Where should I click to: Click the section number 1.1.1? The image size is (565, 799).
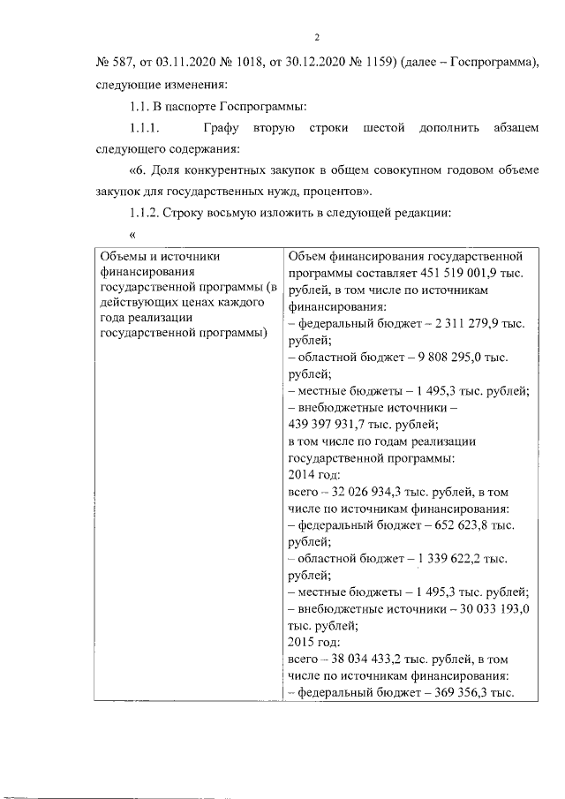[x=144, y=130]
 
